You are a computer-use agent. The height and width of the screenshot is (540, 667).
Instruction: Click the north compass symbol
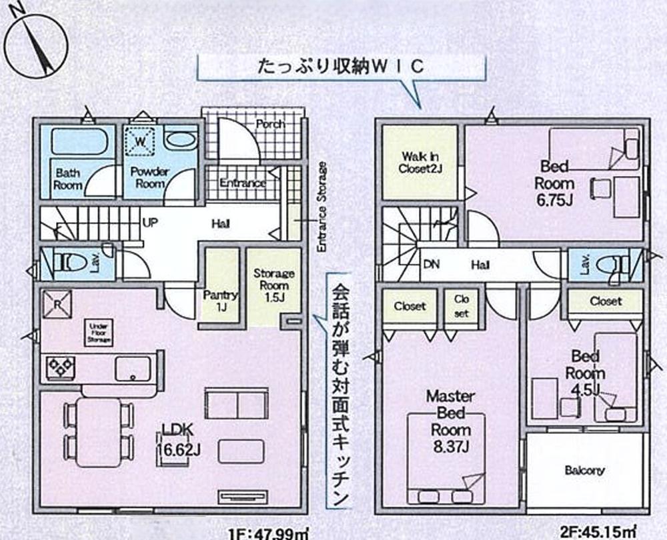click(x=36, y=43)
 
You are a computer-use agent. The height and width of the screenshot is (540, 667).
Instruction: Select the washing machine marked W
click(x=141, y=141)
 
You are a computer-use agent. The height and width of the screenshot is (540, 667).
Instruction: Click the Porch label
click(x=270, y=124)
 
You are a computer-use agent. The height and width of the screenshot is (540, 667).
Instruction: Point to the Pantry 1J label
click(x=220, y=301)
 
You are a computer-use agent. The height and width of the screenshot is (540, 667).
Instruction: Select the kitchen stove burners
click(x=59, y=366)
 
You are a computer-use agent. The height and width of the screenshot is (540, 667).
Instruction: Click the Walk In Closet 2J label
click(x=419, y=163)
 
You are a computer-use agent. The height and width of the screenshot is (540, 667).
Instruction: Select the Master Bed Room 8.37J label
click(x=450, y=421)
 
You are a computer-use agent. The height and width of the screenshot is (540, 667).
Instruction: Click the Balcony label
click(x=584, y=470)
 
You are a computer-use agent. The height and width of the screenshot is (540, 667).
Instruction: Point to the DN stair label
click(x=432, y=265)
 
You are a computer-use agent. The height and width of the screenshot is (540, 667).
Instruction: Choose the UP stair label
click(x=150, y=223)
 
